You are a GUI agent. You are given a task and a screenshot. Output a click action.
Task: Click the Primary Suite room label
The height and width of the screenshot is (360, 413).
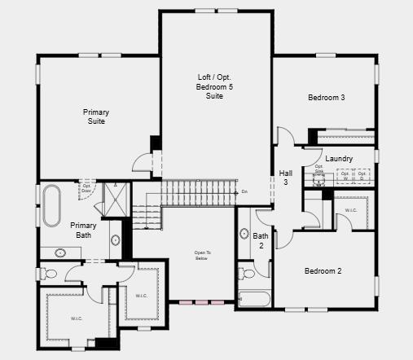coord(95,116)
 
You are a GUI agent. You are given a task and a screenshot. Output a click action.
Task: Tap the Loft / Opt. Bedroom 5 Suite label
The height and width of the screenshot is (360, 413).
coord(215,86)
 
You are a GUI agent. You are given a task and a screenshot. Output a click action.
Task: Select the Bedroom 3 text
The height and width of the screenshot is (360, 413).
coord(326,98)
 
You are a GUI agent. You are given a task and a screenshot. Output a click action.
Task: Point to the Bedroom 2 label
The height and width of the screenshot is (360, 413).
coord(323,271)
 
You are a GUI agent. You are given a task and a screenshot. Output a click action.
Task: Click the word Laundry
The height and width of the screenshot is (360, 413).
coord(339,159)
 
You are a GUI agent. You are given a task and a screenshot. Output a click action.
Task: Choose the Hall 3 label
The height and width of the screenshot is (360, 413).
coord(285,178)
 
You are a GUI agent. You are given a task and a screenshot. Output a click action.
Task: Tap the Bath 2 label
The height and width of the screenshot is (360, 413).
coord(261,240)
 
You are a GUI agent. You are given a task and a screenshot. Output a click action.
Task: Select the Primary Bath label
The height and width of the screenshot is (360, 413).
coord(83,230)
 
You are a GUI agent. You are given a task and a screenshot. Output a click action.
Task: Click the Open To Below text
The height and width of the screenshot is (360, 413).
coord(202,256)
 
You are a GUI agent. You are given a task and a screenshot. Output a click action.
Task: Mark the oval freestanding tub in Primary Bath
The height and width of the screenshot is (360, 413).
coord(51,206)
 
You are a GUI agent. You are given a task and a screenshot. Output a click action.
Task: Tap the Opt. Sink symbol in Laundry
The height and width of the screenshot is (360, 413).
coord(319,173)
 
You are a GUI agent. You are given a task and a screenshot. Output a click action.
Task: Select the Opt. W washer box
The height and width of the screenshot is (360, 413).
coord(345,174)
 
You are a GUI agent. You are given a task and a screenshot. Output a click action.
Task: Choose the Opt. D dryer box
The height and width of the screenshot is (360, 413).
coord(362,174)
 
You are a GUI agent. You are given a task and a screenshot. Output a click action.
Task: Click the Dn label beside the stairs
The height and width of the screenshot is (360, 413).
coord(244,192)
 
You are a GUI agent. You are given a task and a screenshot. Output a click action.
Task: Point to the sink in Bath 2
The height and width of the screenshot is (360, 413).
coord(244,235)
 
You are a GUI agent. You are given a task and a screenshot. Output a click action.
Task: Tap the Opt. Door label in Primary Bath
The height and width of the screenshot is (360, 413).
coord(86,188)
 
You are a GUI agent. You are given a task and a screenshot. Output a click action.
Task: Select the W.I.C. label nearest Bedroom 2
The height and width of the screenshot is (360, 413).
coord(351,210)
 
